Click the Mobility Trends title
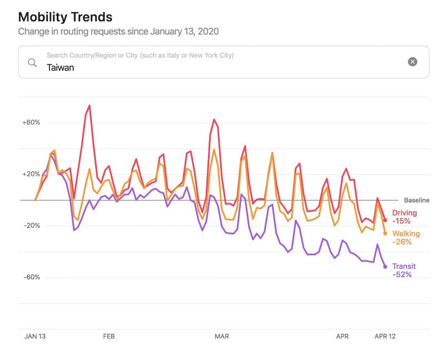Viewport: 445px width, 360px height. coord(65,17)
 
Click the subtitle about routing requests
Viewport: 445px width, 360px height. coord(118,32)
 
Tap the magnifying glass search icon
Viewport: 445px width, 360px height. coord(33,62)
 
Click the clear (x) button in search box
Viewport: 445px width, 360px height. coord(412,62)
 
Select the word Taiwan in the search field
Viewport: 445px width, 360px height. coord(60,68)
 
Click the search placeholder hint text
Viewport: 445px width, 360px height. coord(140,56)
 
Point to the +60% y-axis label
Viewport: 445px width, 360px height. coord(31,122)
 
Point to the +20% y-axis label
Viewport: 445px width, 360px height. coord(31,174)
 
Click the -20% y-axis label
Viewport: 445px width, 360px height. coord(31,226)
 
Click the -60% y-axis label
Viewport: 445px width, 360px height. coord(31,277)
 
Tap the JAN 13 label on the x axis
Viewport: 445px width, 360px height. coord(35,337)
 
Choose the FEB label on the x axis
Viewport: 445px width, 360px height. coord(109,337)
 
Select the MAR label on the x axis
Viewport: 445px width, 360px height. coord(222,337)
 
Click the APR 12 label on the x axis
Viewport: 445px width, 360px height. coord(385,337)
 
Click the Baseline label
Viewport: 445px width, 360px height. coord(417,200)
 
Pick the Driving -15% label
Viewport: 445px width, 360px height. coord(404,217)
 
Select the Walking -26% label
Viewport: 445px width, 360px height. coord(406,238)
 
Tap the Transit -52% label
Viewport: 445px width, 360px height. coord(404,270)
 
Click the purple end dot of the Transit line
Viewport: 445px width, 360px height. coord(385,267)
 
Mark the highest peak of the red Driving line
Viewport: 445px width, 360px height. coord(90,106)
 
